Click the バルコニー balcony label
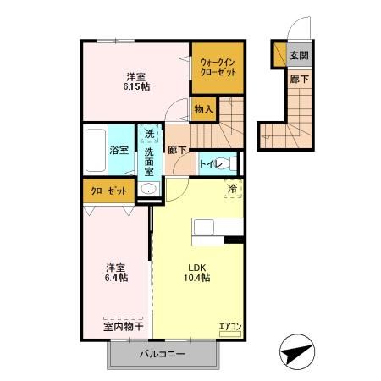(163, 354)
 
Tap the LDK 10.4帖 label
(197, 273)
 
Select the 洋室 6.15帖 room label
(136, 81)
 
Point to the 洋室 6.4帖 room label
(116, 273)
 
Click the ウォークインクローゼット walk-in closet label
(218, 67)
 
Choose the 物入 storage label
(203, 109)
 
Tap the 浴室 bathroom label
(119, 150)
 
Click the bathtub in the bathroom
(96, 150)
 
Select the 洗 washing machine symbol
(149, 134)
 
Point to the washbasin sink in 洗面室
(149, 189)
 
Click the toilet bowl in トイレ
(226, 164)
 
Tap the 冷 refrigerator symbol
(233, 189)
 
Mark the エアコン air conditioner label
(230, 327)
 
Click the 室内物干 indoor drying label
(124, 327)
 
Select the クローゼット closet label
(108, 191)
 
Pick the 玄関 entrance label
(299, 56)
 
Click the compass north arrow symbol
(297, 351)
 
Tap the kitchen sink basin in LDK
(203, 227)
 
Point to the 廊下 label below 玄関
(300, 80)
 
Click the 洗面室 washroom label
(149, 162)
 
